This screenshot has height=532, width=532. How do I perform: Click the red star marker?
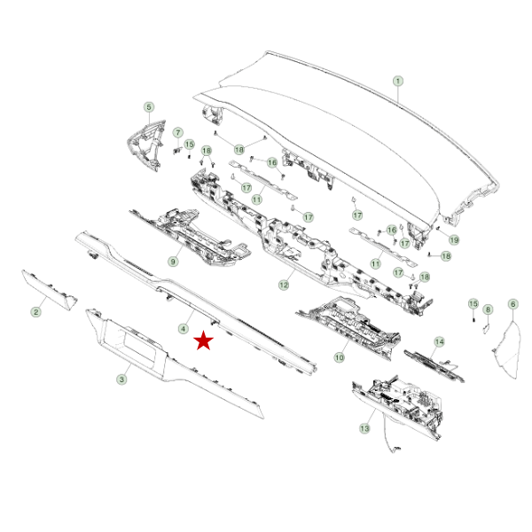coord(203,340)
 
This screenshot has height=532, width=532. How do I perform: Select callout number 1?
coord(398,81)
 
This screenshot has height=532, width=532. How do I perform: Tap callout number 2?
coord(36,312)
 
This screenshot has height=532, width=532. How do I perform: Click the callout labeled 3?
coord(121,379)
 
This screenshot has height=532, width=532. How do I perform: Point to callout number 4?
coord(184,328)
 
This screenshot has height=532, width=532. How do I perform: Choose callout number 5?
coord(149,107)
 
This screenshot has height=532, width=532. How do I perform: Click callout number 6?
coord(513,304)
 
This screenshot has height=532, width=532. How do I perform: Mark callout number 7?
coord(178,132)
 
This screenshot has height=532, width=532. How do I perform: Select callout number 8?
coord(488,309)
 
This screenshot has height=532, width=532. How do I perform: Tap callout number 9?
coord(173,262)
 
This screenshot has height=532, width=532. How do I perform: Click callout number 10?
coord(340,357)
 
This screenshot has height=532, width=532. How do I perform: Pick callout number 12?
coord(284,285)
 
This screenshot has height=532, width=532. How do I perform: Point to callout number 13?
coord(364,428)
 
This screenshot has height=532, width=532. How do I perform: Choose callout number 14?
coord(439,341)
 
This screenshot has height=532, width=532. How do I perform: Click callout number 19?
coord(454,240)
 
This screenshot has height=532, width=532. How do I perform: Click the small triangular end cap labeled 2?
coord(51,291)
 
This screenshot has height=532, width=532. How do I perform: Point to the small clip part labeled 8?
coord(486,328)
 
